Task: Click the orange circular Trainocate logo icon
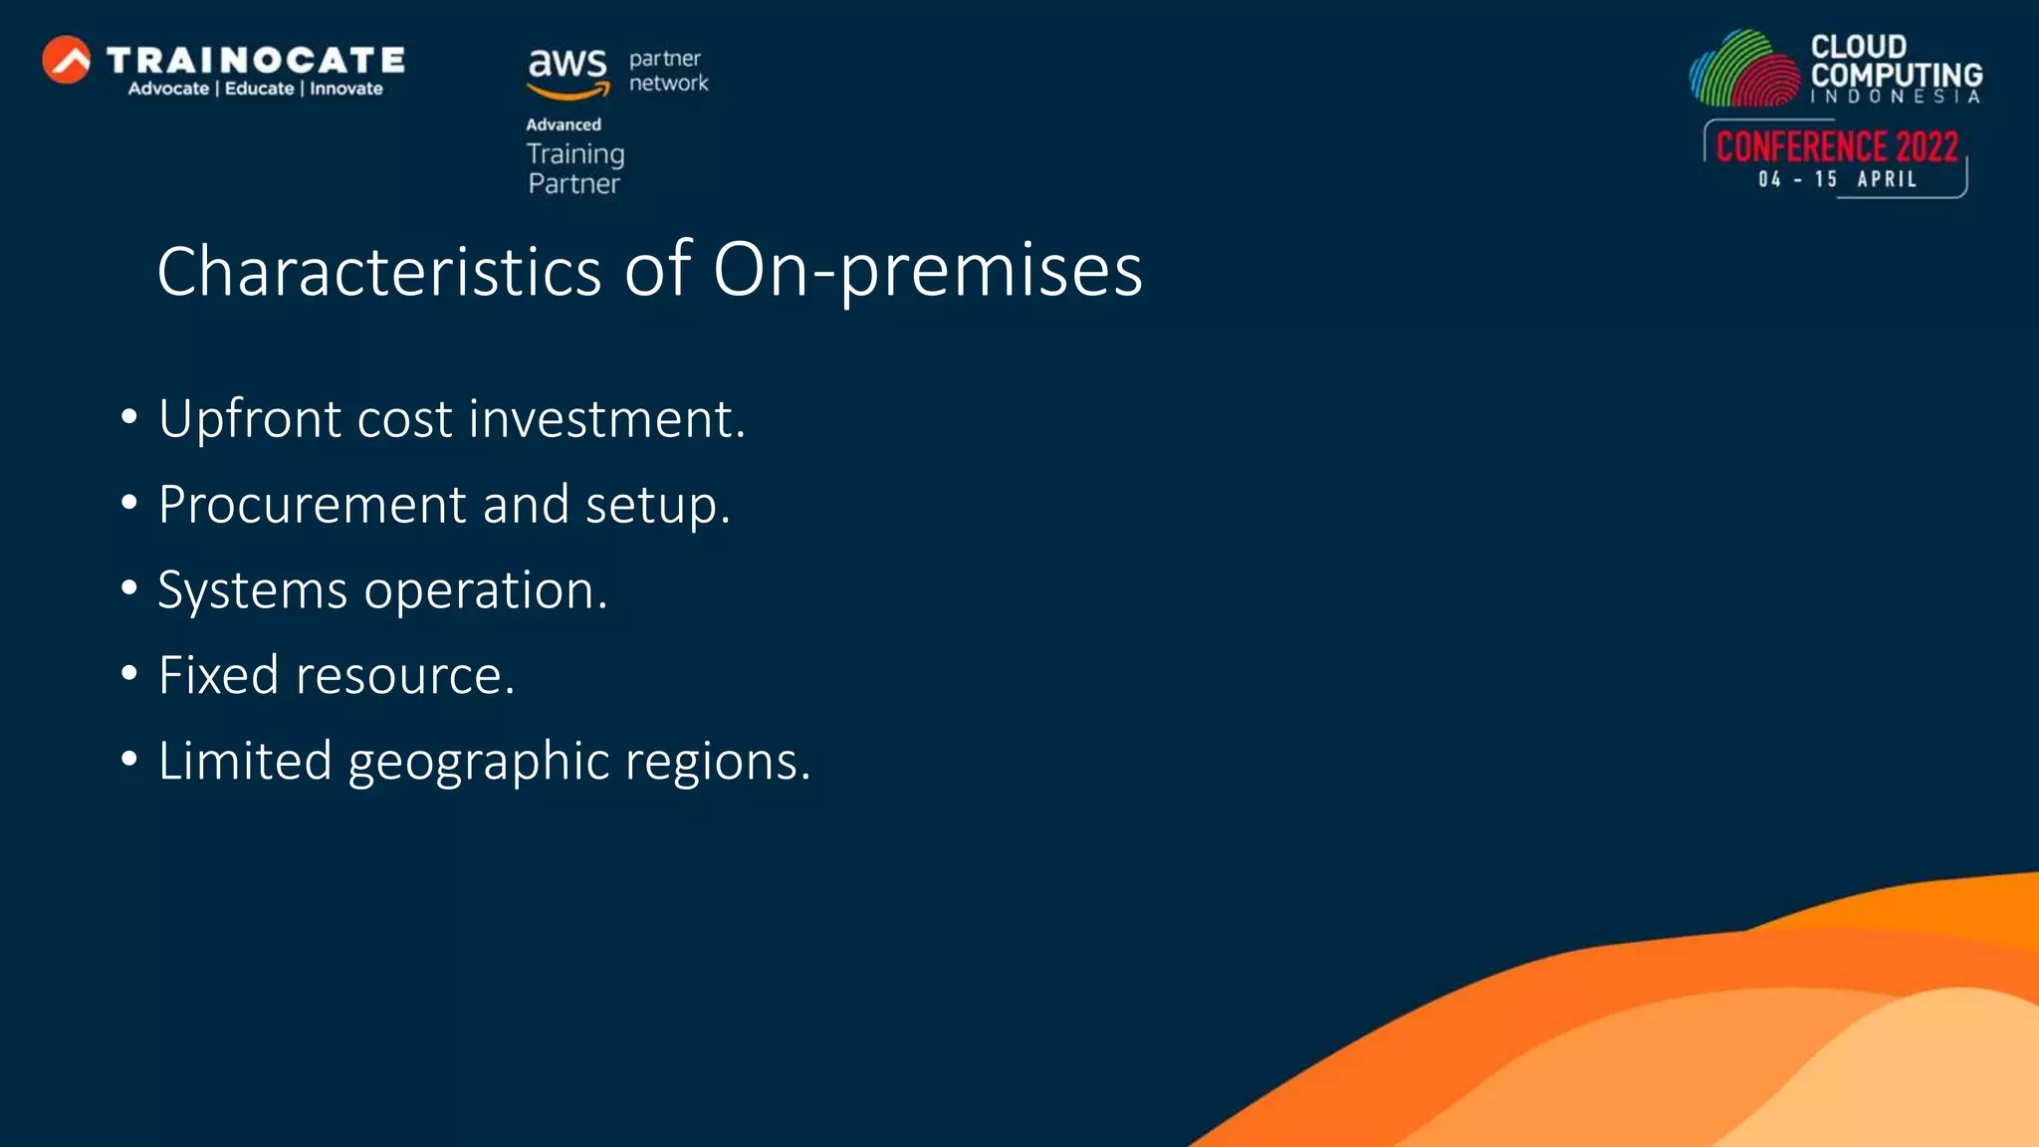pos(67,60)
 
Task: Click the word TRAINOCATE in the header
pos(256,61)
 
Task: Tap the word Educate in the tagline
pos(259,89)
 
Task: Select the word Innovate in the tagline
pos(345,89)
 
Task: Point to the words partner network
pos(668,71)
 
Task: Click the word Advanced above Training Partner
pos(564,124)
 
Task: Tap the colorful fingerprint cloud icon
pos(1744,70)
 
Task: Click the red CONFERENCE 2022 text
pos(1837,146)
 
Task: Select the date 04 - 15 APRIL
pos(1837,179)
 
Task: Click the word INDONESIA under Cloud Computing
pos(1895,97)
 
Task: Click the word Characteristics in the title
pos(378,271)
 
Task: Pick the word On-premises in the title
pos(928,271)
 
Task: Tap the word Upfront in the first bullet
pos(249,418)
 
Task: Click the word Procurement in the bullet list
pos(312,505)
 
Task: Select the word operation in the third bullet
pos(485,590)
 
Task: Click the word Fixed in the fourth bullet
pos(219,675)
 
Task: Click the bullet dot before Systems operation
pos(128,588)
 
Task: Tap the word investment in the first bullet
pos(606,418)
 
